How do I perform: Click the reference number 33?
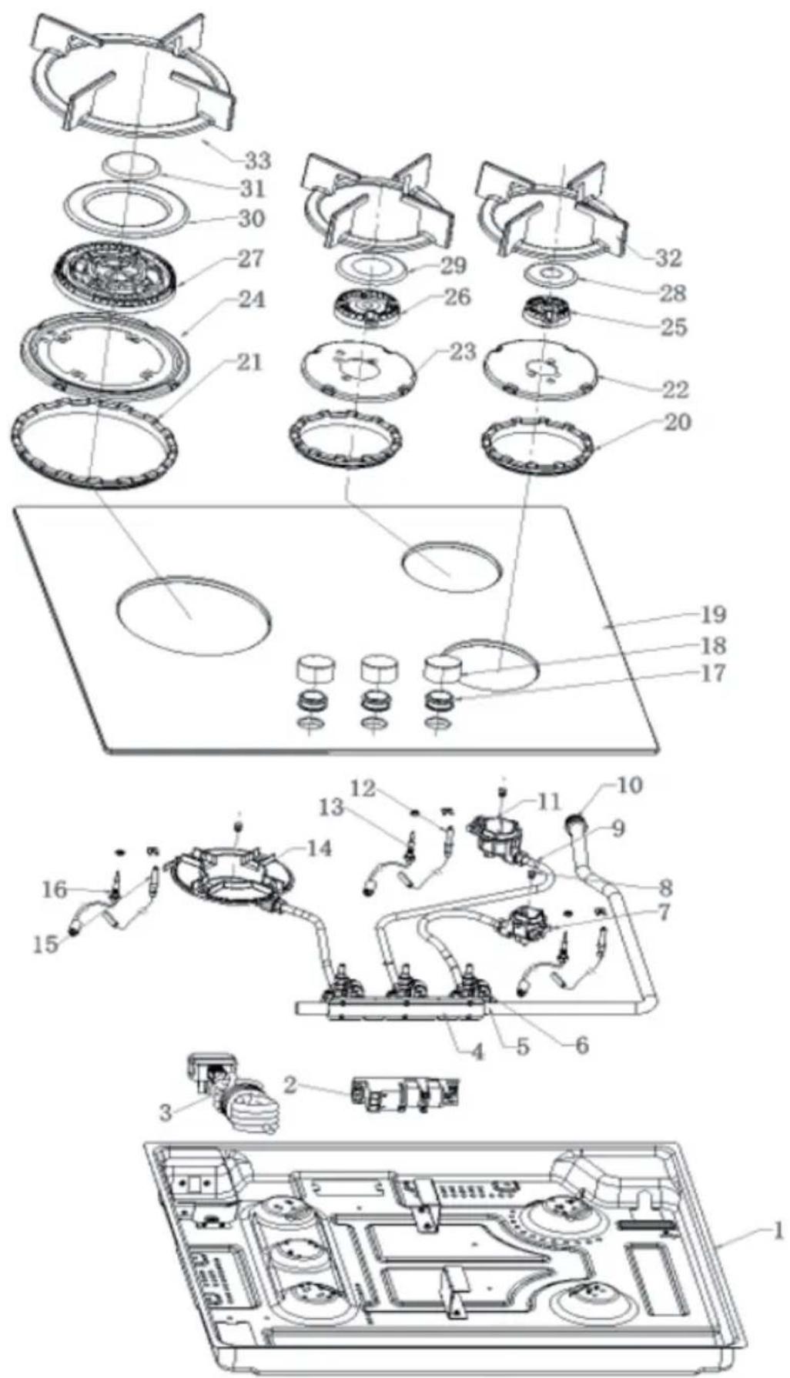[257, 161]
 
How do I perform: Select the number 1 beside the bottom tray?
[778, 1229]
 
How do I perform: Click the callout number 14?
[318, 848]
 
